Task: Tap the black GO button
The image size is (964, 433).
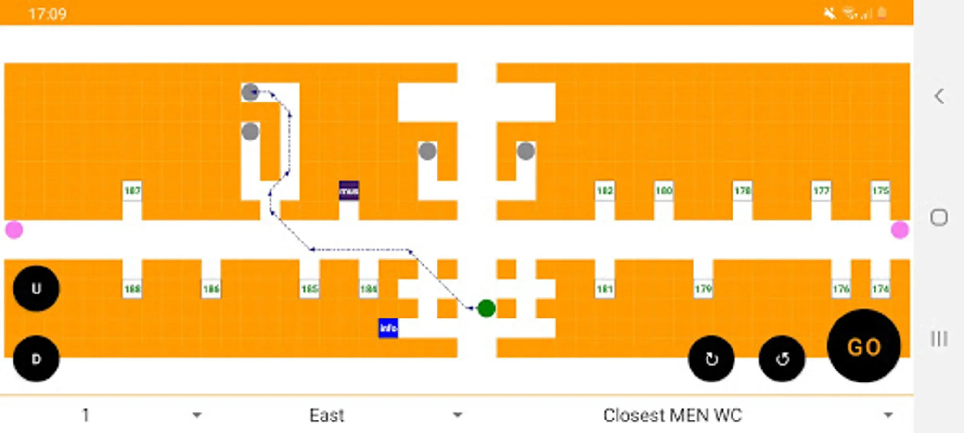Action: pyautogui.click(x=863, y=346)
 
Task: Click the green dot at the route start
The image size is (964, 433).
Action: pyautogui.click(x=486, y=308)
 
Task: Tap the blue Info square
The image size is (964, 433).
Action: pyautogui.click(x=388, y=328)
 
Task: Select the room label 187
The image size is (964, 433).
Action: pyautogui.click(x=132, y=191)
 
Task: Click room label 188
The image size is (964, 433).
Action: pyautogui.click(x=132, y=289)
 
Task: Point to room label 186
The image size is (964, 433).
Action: pyautogui.click(x=211, y=289)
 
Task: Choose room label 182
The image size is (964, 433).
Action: pyautogui.click(x=604, y=191)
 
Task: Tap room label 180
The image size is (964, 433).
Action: pyautogui.click(x=664, y=191)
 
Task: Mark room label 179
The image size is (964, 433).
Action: pyautogui.click(x=703, y=289)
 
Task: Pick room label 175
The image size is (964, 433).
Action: pyautogui.click(x=880, y=191)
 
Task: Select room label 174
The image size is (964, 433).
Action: pyautogui.click(x=880, y=289)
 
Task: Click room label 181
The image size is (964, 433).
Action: pyautogui.click(x=604, y=289)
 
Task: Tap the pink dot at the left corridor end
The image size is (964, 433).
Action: pyautogui.click(x=14, y=230)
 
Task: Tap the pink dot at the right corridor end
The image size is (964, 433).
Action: pyautogui.click(x=900, y=230)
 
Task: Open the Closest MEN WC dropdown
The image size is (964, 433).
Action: pyautogui.click(x=746, y=415)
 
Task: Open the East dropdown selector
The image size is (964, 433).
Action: pyautogui.click(x=385, y=415)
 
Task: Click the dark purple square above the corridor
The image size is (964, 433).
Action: pyautogui.click(x=349, y=191)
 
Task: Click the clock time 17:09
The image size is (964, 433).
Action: pyautogui.click(x=47, y=13)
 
